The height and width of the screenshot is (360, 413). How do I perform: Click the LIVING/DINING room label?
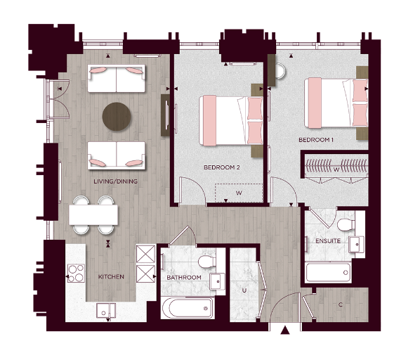point(115,181)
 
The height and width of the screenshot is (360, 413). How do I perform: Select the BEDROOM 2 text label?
point(222,167)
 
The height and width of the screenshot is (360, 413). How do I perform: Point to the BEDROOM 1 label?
point(317,140)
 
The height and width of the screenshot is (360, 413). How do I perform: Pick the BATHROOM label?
point(184,278)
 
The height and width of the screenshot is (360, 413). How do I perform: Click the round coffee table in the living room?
point(116,117)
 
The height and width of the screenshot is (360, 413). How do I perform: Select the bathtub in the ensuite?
point(327,271)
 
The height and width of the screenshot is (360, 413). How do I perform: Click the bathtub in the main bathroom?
point(188,307)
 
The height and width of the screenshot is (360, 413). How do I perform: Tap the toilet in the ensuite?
point(343,225)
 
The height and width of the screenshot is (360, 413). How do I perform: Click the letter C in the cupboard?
point(340,304)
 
